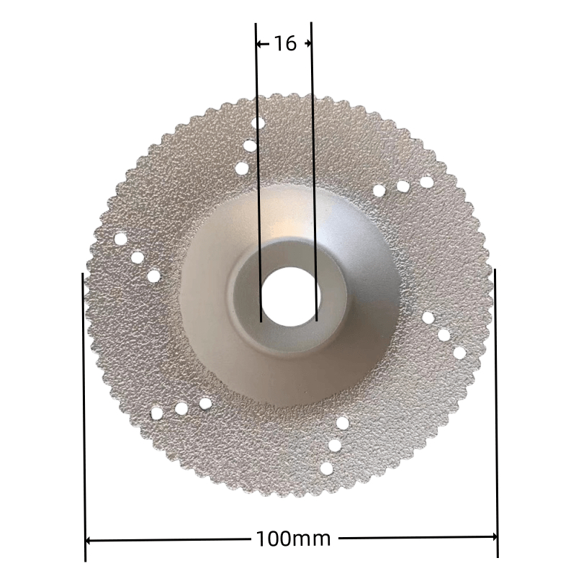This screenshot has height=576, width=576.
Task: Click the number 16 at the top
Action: coord(285,44)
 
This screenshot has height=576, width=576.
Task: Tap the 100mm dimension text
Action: coord(293,539)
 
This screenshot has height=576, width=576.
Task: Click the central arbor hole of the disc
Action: coord(291,297)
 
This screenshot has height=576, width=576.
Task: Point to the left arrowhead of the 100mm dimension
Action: coord(89,541)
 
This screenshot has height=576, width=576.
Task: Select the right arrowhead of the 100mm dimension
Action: coord(495,537)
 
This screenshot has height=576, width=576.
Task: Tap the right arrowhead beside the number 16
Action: coord(308,44)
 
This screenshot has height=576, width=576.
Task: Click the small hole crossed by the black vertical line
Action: coord(258,123)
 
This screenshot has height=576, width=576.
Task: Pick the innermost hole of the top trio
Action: coord(242,168)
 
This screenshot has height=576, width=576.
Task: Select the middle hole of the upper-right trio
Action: coord(403,186)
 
